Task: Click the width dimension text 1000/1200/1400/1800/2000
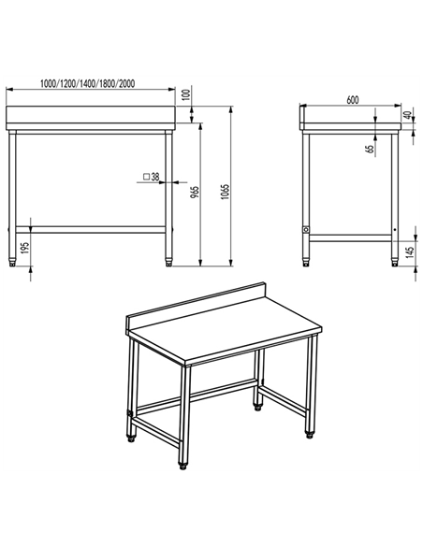coord(89,83)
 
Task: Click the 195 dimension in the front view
coord(25,246)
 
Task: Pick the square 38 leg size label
coord(150,176)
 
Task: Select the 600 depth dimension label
coord(352,99)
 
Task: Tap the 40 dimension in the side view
coord(408,117)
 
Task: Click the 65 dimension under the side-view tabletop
coord(370,148)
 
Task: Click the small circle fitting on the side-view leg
coord(304,228)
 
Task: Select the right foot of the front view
coord(168,258)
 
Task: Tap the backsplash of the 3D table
coord(197,303)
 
